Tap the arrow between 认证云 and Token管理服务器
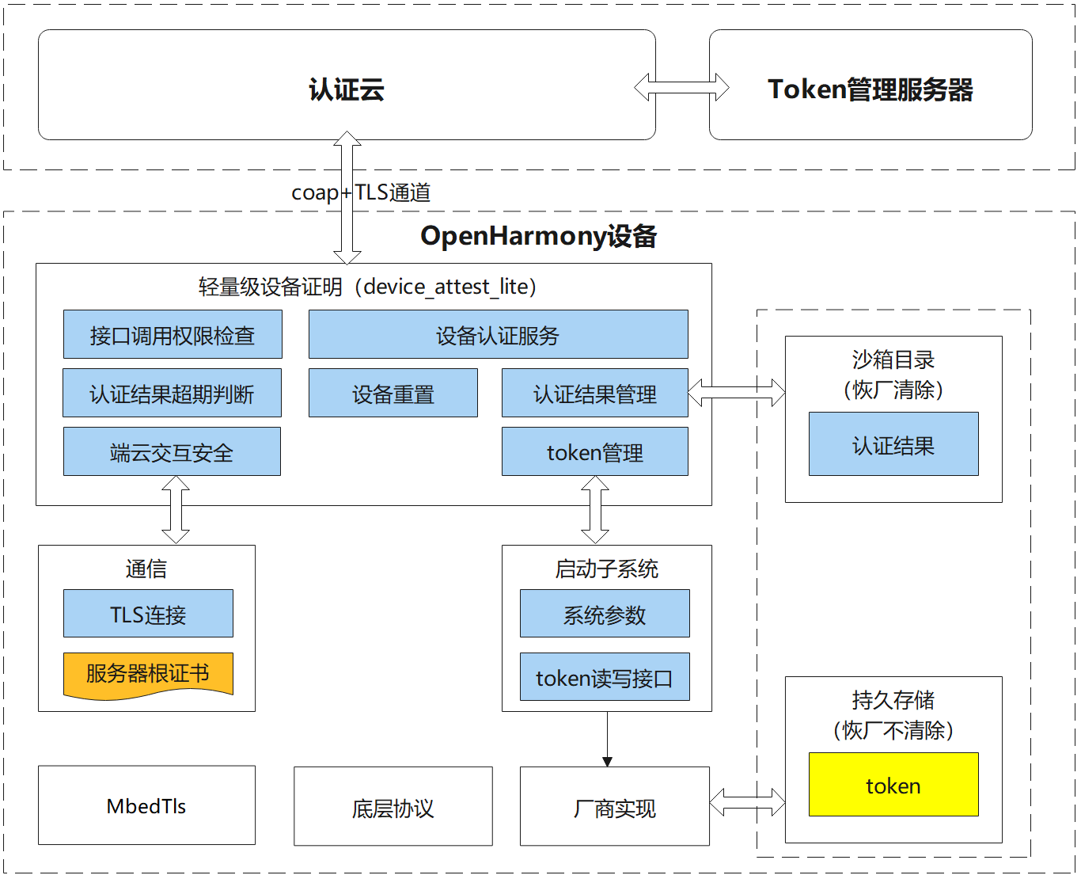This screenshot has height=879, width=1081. point(681,87)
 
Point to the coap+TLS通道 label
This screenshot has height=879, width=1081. point(361,192)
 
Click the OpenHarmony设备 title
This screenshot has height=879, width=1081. point(538,236)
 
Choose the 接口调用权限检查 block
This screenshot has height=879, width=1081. point(173,335)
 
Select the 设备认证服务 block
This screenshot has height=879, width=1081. point(498,335)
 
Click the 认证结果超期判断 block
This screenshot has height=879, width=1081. point(172,394)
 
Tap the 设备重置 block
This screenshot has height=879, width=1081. point(393,394)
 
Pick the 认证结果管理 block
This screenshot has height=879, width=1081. point(594,394)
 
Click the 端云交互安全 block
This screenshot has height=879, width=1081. point(172,452)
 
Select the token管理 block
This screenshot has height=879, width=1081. point(594,452)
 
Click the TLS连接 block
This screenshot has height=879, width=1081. point(148,614)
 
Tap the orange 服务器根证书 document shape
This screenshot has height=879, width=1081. point(148,674)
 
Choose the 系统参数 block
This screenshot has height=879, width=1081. point(605,614)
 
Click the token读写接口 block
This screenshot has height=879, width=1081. point(605,677)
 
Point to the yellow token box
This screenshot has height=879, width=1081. point(893,785)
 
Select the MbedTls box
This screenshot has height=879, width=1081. point(146,805)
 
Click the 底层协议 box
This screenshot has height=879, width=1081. point(393,807)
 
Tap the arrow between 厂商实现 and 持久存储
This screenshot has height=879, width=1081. point(747,803)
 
